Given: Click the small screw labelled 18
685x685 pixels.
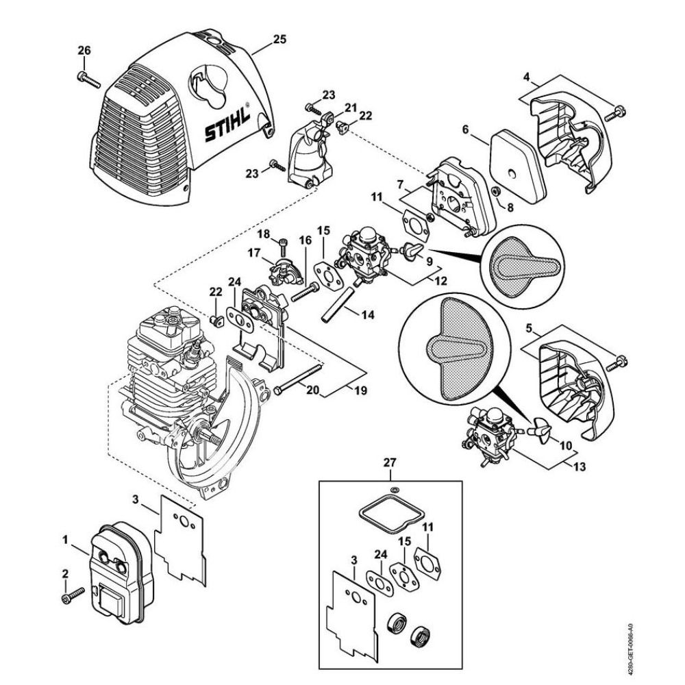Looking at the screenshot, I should pos(282,240).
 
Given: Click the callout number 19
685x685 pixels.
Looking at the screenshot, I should pos(360,390).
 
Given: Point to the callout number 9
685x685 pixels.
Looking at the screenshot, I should pos(429,260).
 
